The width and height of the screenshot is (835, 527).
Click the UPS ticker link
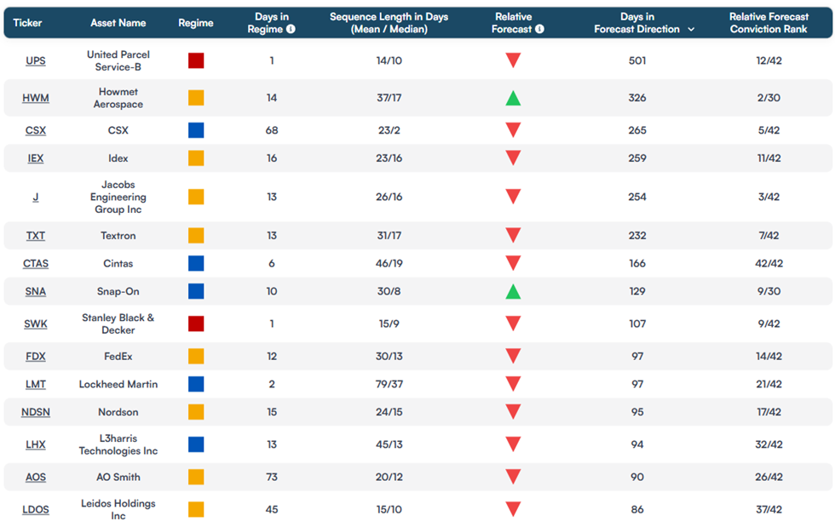click(36, 60)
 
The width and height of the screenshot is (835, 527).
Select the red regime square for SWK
click(196, 324)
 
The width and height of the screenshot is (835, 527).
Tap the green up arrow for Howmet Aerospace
click(513, 98)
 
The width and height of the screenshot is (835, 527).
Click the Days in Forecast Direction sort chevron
click(691, 29)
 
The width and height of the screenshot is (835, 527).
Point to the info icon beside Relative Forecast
click(539, 29)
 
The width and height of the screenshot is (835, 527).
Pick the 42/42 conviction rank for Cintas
click(769, 264)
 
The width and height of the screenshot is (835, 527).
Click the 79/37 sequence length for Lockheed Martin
click(389, 384)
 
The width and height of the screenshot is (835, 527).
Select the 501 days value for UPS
click(637, 60)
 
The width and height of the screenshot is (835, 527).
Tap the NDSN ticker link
click(36, 412)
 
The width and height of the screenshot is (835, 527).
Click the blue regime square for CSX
click(196, 130)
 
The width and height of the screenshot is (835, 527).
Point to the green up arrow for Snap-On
click(513, 292)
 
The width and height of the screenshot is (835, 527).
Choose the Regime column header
click(196, 23)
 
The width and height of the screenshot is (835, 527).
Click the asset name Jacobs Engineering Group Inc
click(118, 197)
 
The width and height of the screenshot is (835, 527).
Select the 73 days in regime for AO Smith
click(272, 477)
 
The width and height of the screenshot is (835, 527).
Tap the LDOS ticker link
click(36, 509)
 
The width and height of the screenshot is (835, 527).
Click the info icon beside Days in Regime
click(291, 29)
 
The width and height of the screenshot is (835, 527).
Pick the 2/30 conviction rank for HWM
click(769, 98)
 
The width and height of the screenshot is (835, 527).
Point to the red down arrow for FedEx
click(513, 356)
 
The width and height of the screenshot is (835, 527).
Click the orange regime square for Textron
click(196, 235)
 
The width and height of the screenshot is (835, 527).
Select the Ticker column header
click(27, 23)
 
